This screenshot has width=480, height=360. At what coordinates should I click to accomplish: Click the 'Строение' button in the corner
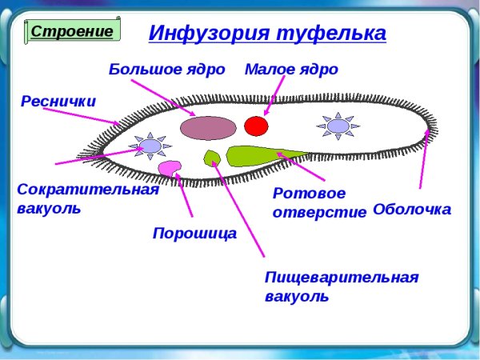pyautogui.click(x=74, y=30)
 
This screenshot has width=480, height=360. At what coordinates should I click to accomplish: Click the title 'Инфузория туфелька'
pyautogui.click(x=267, y=34)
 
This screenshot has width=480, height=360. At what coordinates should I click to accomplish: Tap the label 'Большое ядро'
pyautogui.click(x=166, y=70)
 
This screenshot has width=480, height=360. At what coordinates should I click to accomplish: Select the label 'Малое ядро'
pyautogui.click(x=291, y=70)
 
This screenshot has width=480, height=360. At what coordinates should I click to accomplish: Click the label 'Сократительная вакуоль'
pyautogui.click(x=86, y=198)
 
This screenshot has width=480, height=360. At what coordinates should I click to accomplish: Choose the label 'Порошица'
pyautogui.click(x=194, y=234)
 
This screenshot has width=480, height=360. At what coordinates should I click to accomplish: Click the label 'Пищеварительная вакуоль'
pyautogui.click(x=341, y=286)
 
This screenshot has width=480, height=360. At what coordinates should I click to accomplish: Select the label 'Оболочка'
pyautogui.click(x=412, y=210)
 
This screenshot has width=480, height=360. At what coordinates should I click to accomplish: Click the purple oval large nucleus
pyautogui.click(x=207, y=127)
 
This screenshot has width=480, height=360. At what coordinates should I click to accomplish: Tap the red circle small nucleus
pyautogui.click(x=255, y=126)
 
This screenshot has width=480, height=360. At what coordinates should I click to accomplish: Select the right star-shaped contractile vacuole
pyautogui.click(x=338, y=126)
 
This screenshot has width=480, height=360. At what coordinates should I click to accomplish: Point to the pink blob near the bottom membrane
pyautogui.click(x=169, y=167)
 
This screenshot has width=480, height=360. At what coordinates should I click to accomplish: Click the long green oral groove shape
pyautogui.click(x=256, y=154)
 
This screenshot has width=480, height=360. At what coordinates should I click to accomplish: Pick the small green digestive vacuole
pyautogui.click(x=212, y=157)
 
